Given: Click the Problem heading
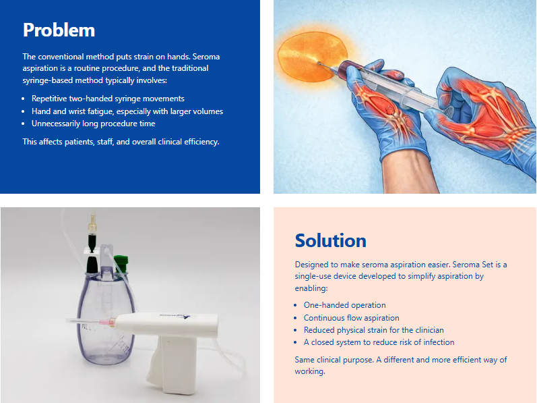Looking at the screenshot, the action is point(59,30).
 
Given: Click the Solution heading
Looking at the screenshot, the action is point(331,241).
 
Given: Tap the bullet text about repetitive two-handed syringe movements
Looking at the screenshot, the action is point(108,99).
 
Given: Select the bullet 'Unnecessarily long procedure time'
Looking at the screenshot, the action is point(93,124).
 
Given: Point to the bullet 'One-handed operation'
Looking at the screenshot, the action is point(344,305).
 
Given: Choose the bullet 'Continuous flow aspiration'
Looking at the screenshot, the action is point(352,317).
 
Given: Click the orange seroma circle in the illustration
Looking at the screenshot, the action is point(312,57).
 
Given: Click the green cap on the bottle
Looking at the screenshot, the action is point(121,263).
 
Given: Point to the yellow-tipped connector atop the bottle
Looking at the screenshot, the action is point(92,223).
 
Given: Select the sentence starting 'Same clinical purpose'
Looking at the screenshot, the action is point(401,365).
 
